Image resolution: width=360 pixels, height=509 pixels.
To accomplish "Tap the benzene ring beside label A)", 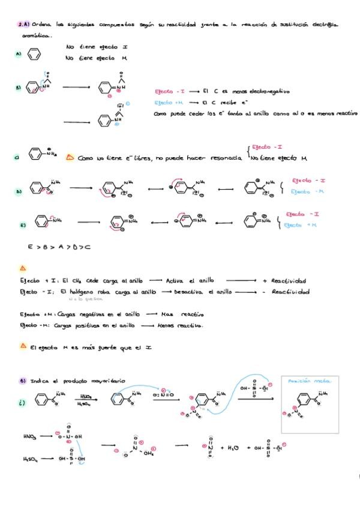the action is point(35,54).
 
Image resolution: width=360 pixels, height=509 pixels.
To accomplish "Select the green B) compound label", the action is point(19,87).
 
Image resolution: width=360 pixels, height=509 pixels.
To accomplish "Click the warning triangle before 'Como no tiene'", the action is point(70,157).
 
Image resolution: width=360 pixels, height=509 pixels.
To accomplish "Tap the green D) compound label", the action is point(19,191).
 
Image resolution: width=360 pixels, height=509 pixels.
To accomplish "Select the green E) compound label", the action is point(23,225).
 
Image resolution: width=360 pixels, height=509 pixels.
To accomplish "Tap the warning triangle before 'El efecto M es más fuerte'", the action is point(23,346).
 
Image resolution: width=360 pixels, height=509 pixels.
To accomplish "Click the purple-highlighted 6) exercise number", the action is point(23,380).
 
